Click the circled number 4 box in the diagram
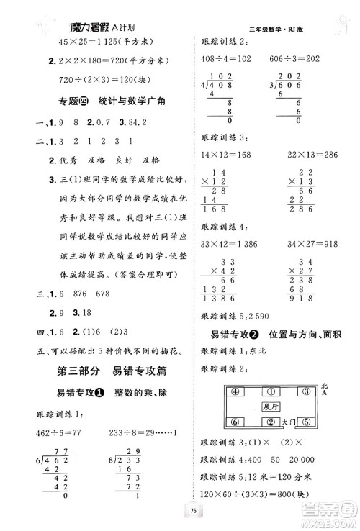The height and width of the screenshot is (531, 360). tap(234, 392)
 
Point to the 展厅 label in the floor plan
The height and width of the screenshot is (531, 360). tap(270, 407)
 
